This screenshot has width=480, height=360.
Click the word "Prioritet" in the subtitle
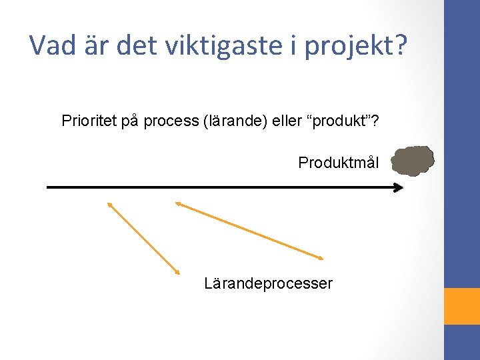(x=89, y=121)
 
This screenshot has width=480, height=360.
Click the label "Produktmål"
(x=339, y=162)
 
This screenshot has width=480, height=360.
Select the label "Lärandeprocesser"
(x=268, y=283)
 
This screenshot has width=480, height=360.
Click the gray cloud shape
(x=413, y=161)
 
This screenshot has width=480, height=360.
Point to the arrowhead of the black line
(x=399, y=188)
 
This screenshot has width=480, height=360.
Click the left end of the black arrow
(x=49, y=188)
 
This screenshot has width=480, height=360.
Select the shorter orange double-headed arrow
(x=143, y=238)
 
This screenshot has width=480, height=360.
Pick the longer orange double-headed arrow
(x=249, y=230)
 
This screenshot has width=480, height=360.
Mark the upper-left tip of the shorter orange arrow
(x=109, y=203)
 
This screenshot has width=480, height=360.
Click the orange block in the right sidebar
(x=462, y=306)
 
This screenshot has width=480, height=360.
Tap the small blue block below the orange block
(x=462, y=342)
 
